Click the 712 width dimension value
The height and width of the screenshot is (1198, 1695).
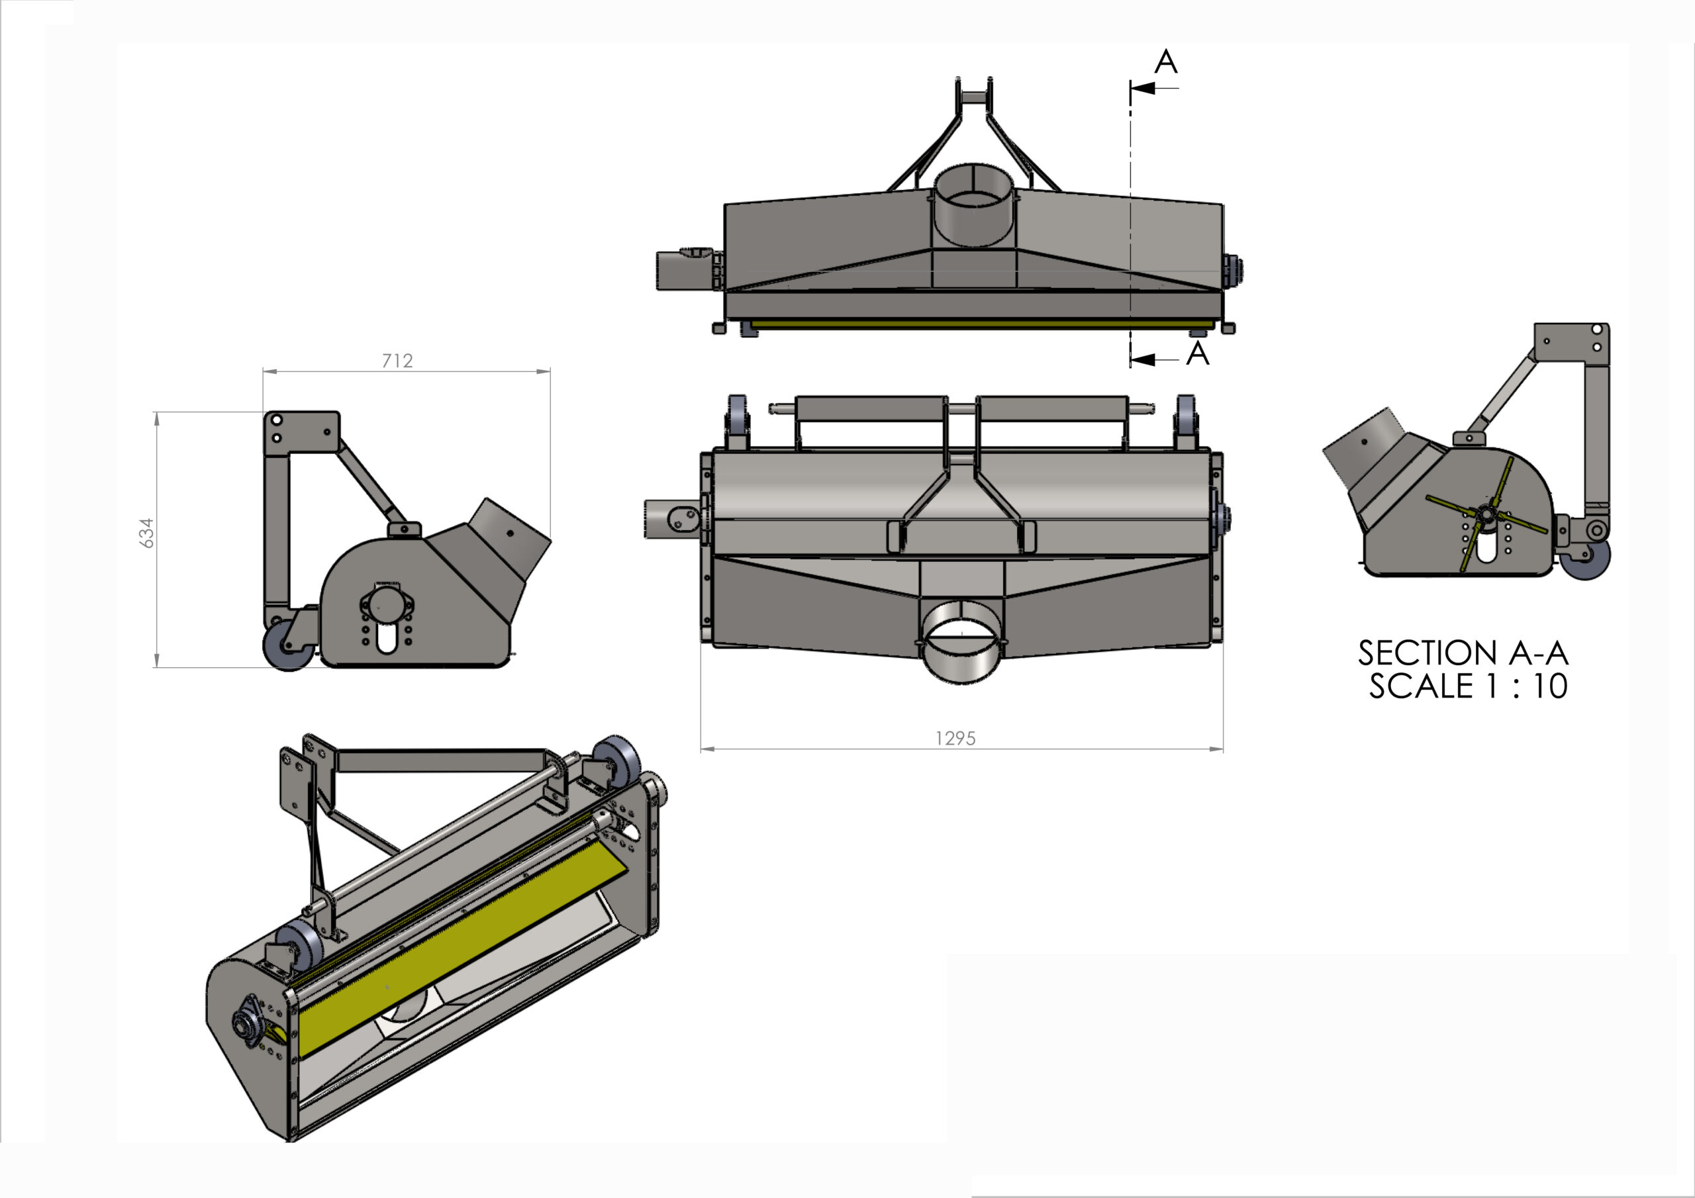click(397, 360)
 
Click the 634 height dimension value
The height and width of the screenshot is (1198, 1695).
click(148, 533)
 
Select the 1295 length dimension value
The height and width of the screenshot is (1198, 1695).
click(955, 738)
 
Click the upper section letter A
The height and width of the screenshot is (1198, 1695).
click(1166, 62)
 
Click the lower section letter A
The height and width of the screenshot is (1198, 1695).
click(1198, 354)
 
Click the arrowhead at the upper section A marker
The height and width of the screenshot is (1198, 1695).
click(1142, 89)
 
